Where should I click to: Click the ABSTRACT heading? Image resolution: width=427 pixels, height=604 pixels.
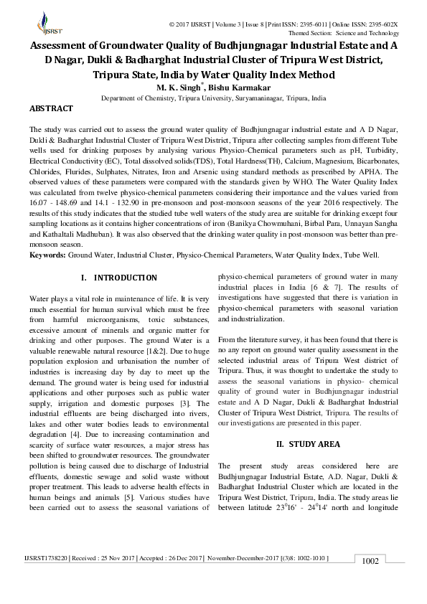point(51,108)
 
